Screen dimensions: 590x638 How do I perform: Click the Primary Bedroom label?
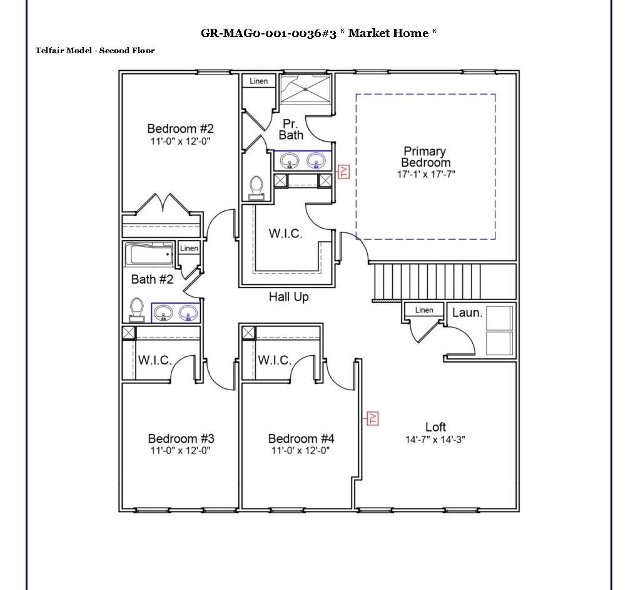pyautogui.click(x=425, y=157)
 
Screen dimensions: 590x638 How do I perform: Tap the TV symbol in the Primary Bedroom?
pyautogui.click(x=343, y=172)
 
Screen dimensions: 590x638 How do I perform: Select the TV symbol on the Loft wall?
pyautogui.click(x=373, y=418)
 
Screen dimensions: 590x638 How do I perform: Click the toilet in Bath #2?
pyautogui.click(x=136, y=310)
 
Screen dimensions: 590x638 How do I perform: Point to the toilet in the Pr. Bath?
pyautogui.click(x=256, y=187)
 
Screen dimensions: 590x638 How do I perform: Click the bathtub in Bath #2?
pyautogui.click(x=149, y=255)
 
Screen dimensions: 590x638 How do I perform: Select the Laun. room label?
pyautogui.click(x=467, y=312)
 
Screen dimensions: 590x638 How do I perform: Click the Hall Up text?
pyautogui.click(x=288, y=297)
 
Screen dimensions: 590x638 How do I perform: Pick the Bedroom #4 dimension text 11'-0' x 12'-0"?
pyautogui.click(x=300, y=450)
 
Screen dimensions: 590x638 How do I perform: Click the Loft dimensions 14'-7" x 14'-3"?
pyautogui.click(x=435, y=440)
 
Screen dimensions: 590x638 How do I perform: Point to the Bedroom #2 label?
pyautogui.click(x=180, y=129)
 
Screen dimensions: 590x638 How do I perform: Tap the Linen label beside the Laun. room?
pyautogui.click(x=424, y=310)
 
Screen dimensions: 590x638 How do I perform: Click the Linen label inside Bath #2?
pyautogui.click(x=189, y=249)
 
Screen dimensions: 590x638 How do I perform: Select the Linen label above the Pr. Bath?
pyautogui.click(x=258, y=81)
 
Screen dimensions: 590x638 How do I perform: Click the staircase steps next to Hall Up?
pyautogui.click(x=443, y=282)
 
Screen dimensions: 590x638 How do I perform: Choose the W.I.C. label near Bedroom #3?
pyautogui.click(x=154, y=360)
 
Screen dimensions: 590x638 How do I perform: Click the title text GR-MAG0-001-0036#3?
pyautogui.click(x=269, y=33)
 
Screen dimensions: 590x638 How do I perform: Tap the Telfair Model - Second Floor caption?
pyautogui.click(x=95, y=50)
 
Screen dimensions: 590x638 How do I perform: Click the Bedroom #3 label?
pyautogui.click(x=181, y=438)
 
